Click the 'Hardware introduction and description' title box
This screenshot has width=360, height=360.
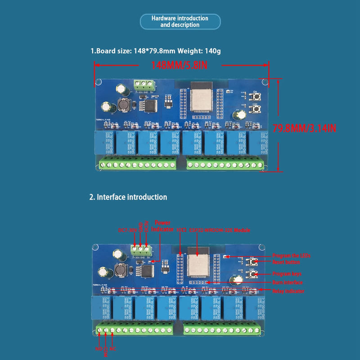[180, 22]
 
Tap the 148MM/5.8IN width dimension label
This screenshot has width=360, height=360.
[179, 66]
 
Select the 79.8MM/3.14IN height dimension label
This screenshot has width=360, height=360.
[305, 128]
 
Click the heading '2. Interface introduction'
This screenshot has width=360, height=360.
[129, 197]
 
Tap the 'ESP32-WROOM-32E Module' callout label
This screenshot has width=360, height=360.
[220, 230]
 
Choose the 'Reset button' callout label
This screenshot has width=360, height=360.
[286, 262]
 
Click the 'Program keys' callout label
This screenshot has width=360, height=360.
[287, 274]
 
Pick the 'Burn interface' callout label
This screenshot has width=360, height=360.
[287, 283]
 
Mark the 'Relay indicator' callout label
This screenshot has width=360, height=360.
[288, 291]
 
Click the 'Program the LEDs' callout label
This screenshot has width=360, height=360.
[291, 255]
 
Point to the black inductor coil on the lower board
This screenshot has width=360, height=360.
[120, 270]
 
